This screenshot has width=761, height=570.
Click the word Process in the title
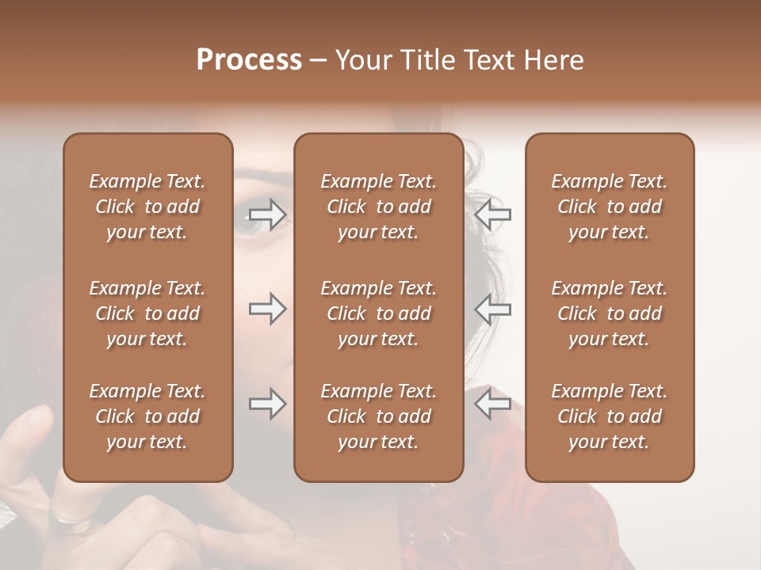coord(249,60)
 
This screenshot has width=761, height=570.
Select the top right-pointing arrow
coord(267,214)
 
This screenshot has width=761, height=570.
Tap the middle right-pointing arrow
coord(267,309)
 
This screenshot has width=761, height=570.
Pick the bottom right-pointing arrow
coord(267,404)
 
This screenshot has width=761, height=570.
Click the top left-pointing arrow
coord(492,214)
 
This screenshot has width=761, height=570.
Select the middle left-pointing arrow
coord(492,309)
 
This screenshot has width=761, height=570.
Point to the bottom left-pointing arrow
coord(492,404)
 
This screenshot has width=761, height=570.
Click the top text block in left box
coord(147,207)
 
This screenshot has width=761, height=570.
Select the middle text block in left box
coord(147,313)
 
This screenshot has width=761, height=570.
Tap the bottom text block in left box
coord(147,416)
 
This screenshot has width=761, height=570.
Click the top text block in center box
coord(378,207)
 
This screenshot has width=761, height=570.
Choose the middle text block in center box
coord(378,313)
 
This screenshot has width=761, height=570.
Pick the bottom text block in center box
coord(378,416)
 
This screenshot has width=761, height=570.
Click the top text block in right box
coord(609,207)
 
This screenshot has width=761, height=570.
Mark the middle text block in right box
coord(609,313)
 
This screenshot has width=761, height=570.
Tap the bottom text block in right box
coord(609,416)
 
